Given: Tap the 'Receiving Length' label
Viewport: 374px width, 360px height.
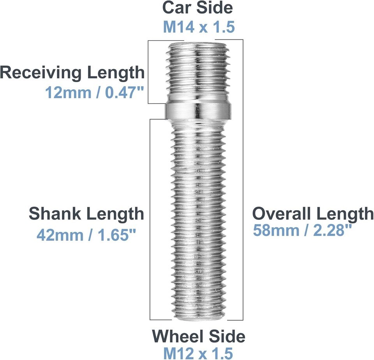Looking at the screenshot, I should [x=72, y=73].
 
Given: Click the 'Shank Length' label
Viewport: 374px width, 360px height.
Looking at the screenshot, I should [x=86, y=214].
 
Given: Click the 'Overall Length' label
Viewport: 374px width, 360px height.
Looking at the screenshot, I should [x=313, y=214].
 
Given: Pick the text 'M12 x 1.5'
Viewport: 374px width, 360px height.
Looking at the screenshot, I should [x=198, y=353].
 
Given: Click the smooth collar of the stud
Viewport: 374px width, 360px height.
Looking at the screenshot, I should [x=199, y=111].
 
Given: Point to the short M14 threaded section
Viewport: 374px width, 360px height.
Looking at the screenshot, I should [x=199, y=70].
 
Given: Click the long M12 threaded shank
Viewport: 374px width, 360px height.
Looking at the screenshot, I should [x=199, y=218].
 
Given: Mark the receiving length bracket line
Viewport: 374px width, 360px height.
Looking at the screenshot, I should [x=148, y=72].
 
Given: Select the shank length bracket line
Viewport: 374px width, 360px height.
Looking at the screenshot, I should [x=150, y=218].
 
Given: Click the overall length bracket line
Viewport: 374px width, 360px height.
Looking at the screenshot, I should [x=243, y=179].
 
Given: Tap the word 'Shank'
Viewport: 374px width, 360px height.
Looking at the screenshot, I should [x=55, y=214].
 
